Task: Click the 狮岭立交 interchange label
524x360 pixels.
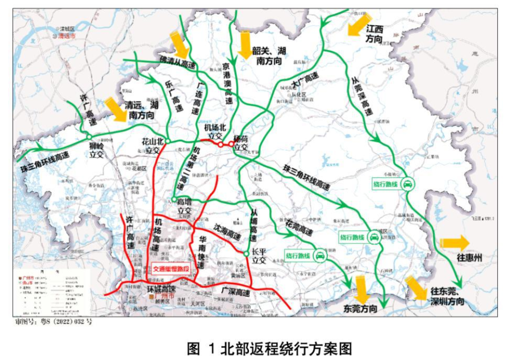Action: click(x=96, y=150)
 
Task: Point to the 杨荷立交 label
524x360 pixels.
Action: click(x=241, y=143)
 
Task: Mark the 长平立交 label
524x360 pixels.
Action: click(x=262, y=256)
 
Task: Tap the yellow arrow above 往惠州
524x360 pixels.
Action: click(x=454, y=243)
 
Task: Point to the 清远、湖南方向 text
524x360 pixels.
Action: click(x=141, y=110)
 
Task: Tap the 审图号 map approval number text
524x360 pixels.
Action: click(x=53, y=322)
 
